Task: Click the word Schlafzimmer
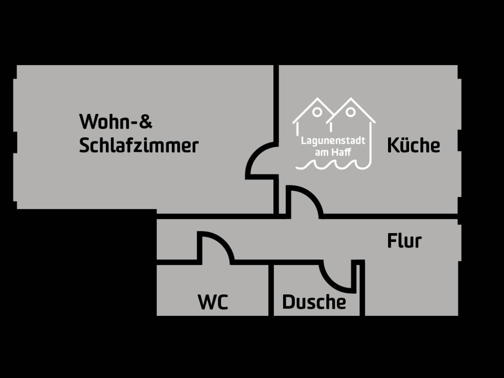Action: coord(139,146)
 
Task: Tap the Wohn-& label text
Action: coord(115,121)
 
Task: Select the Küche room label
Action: coord(413,145)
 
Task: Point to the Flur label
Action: coord(404,241)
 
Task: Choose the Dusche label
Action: coord(314,302)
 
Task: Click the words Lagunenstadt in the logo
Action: coord(333,141)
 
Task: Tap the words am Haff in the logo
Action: coord(333,152)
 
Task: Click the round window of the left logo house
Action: coord(317,112)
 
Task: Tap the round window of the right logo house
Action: coord(351,112)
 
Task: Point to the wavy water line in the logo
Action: coord(333,165)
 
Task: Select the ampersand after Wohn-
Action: coord(146,121)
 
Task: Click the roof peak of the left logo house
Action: coord(318,98)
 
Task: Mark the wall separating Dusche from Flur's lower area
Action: coord(362,288)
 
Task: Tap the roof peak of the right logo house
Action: coord(351,98)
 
